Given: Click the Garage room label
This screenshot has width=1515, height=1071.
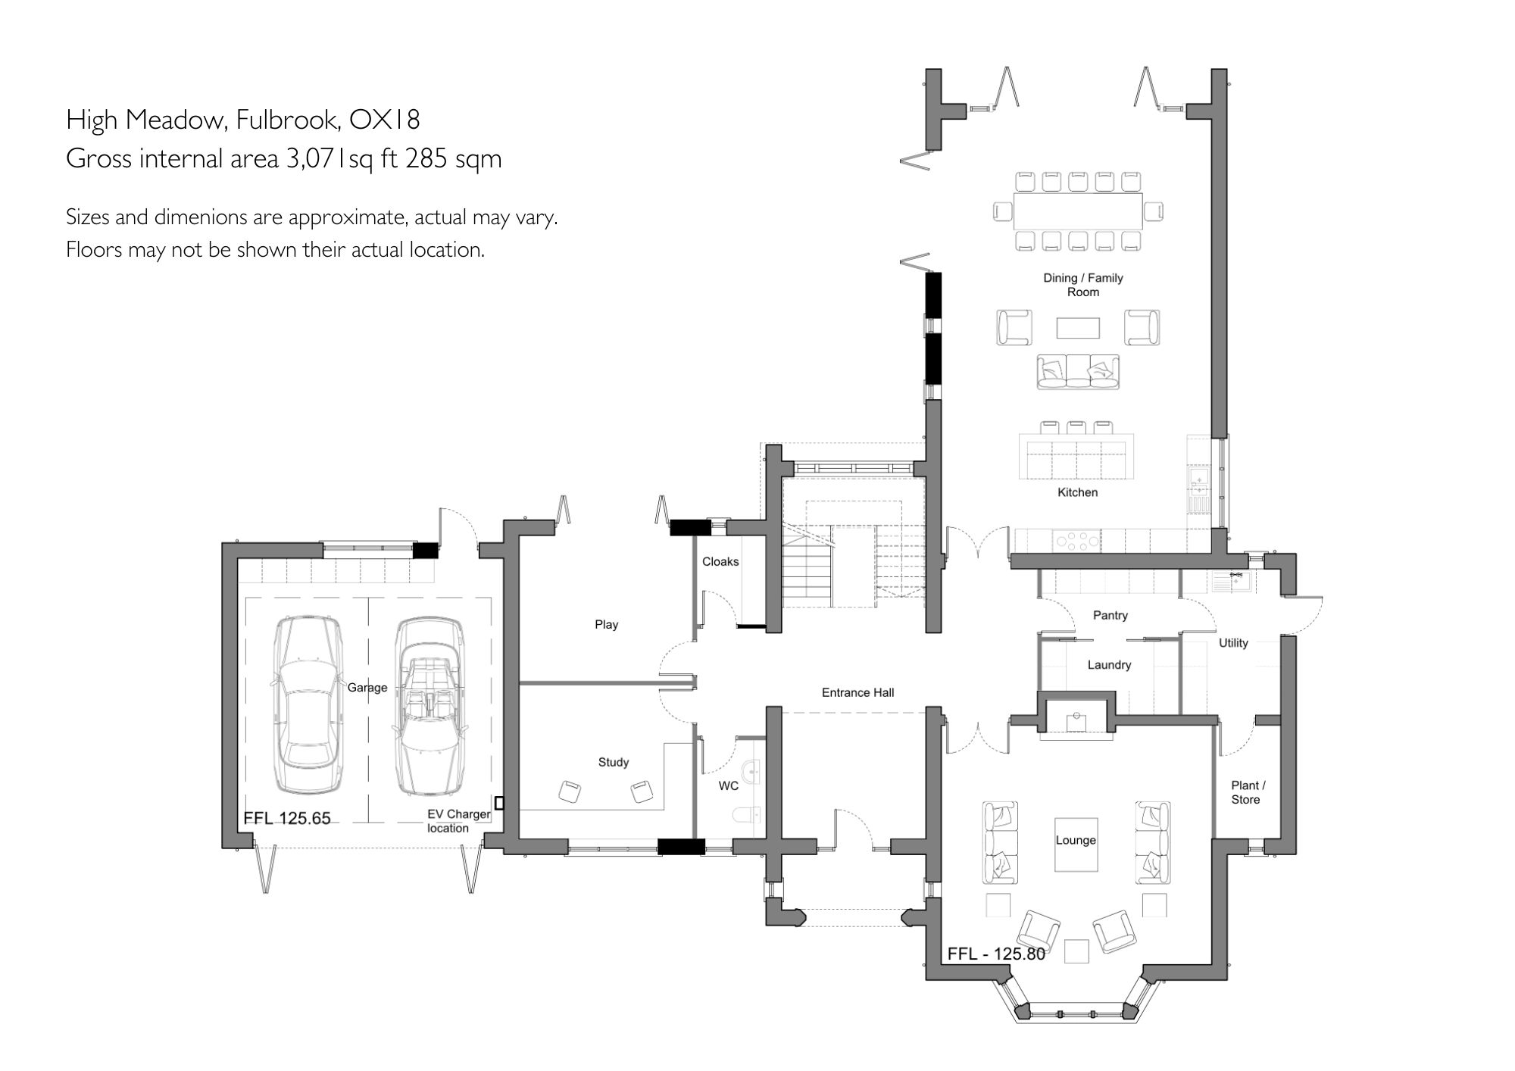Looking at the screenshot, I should point(367,688).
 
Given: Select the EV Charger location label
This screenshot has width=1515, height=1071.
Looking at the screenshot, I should point(458,821).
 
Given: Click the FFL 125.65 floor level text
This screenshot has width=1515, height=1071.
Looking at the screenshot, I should point(287,818).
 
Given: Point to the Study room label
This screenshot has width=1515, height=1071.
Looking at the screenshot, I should point(613,762).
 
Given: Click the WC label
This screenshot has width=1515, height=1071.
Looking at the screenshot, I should point(728,786).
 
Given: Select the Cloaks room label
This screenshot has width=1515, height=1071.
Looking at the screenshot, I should point(720,561).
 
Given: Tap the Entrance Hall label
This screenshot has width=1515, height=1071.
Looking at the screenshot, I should point(857,692).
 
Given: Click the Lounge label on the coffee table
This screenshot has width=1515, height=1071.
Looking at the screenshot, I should point(1076,840).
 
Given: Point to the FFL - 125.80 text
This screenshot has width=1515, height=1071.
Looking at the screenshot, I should point(996,954).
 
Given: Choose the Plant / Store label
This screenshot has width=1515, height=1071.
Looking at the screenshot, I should point(1248,792).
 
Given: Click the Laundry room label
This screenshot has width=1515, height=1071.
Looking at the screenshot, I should point(1109,665).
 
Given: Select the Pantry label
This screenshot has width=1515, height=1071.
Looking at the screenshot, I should point(1110,615).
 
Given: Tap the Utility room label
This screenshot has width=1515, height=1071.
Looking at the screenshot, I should point(1232,643).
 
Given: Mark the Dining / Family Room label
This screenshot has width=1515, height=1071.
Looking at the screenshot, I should point(1082,285).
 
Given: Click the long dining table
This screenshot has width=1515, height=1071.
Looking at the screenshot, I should point(1078,211).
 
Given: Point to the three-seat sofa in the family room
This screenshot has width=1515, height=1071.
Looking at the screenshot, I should point(1077,372).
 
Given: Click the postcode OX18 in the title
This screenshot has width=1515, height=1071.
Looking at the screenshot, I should point(384,120).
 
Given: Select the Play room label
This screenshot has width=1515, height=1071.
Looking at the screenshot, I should point(606,625).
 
